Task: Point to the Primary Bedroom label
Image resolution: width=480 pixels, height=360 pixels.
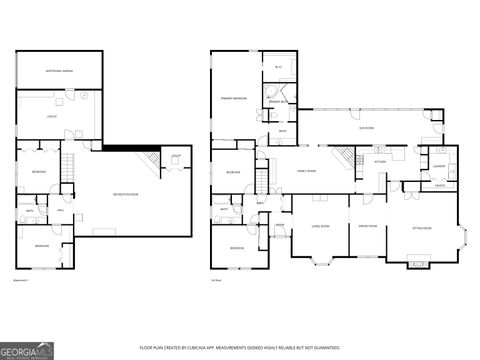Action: click(x=234, y=98)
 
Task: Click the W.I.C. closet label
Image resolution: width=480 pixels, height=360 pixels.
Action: click(x=277, y=67)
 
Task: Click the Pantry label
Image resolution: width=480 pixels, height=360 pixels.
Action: click(x=439, y=185)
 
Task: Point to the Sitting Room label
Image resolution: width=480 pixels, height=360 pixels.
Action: click(x=421, y=229)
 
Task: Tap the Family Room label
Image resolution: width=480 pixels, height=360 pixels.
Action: click(x=305, y=170)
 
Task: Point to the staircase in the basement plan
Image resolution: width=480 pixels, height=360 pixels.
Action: click(x=69, y=166)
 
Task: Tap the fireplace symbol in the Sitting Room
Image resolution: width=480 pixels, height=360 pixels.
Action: click(x=417, y=264)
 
